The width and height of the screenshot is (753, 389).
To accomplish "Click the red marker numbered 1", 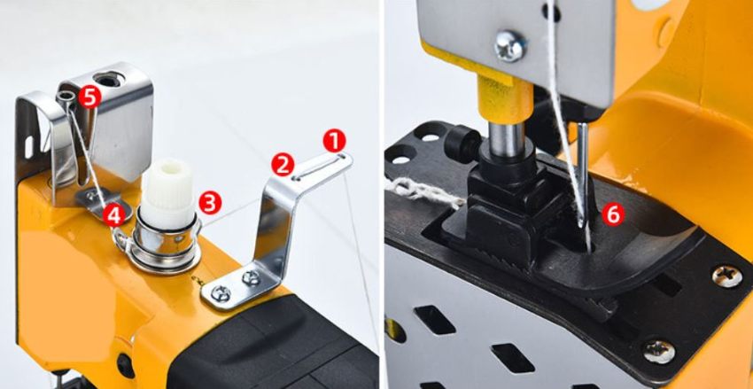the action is click(335, 141).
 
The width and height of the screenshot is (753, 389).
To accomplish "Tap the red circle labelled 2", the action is click(283, 164).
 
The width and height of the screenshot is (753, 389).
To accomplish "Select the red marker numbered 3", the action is click(210, 203).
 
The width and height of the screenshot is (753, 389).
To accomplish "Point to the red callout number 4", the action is click(113, 216).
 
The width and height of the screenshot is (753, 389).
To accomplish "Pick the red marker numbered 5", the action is click(89, 97).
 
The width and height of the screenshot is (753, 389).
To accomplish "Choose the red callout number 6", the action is click(613, 214).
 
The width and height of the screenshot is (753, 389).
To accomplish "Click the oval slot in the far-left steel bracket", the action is click(29, 146).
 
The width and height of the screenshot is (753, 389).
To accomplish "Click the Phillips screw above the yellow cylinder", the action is click(510, 45).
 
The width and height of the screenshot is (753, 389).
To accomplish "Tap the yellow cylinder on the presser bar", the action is click(504, 99).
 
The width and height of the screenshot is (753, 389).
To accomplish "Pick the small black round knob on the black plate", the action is click(462, 143).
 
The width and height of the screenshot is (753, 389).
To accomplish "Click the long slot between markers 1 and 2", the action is click(319, 167).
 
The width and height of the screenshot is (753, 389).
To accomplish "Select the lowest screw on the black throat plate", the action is click(659, 352).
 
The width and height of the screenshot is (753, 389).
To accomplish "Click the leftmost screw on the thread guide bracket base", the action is click(221, 293).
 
